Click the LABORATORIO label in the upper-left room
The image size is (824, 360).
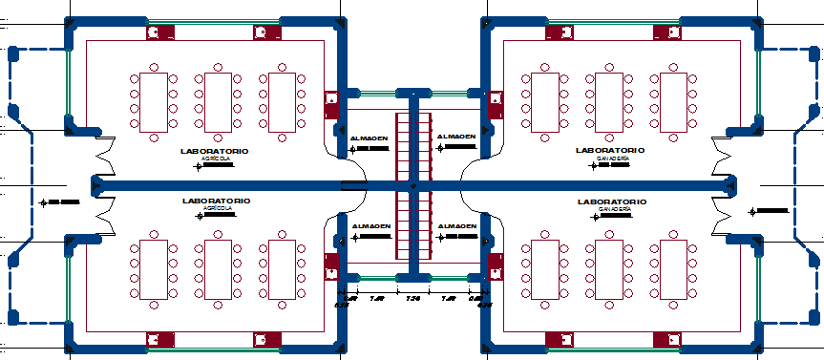(x=215, y=151)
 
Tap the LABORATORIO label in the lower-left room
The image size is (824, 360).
(x=216, y=201)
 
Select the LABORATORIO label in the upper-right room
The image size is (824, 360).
(x=610, y=150)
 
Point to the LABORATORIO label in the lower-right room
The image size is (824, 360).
(x=611, y=201)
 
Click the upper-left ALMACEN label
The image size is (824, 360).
(x=370, y=138)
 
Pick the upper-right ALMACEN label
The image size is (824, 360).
(x=456, y=137)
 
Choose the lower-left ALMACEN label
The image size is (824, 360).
(x=370, y=226)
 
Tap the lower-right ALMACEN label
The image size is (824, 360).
(x=456, y=225)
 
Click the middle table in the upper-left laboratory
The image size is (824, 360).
(x=217, y=101)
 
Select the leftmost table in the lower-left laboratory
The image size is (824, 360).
(x=154, y=269)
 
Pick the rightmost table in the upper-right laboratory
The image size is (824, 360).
(x=674, y=101)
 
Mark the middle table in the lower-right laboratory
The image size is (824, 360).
(x=610, y=269)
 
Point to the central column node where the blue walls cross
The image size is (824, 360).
(x=412, y=184)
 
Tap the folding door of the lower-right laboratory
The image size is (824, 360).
(x=723, y=220)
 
